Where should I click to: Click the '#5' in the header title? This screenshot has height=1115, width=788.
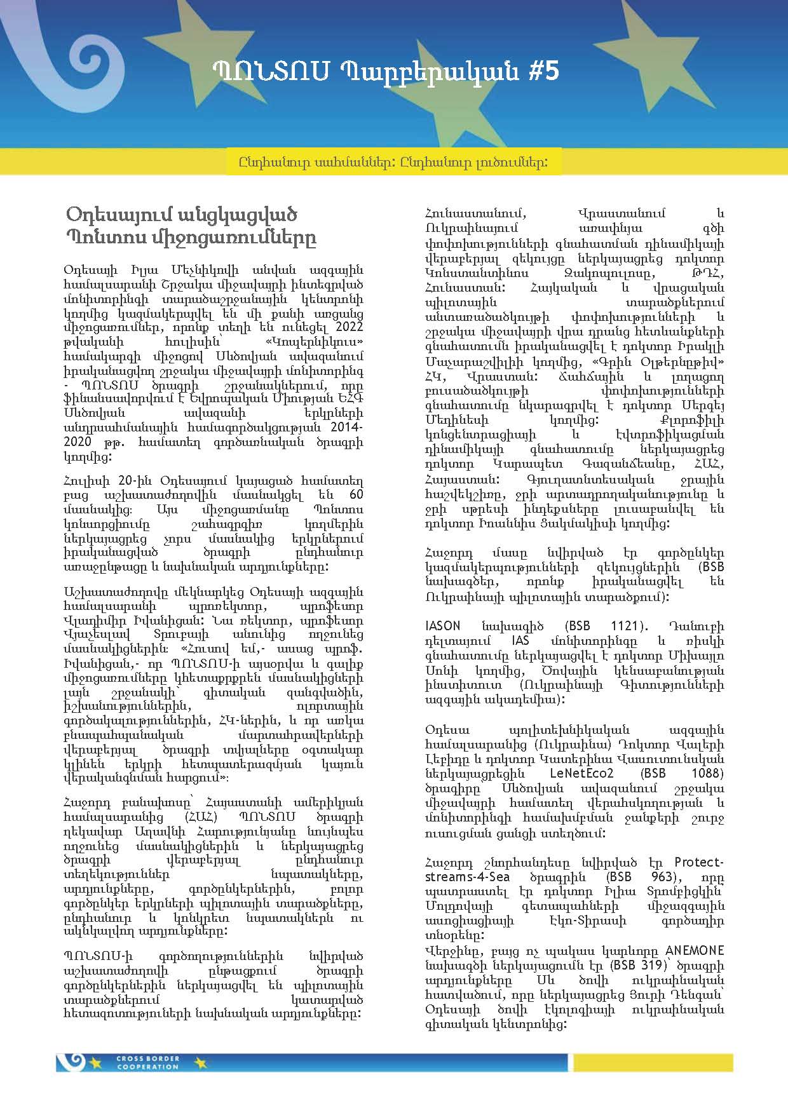pos(543,71)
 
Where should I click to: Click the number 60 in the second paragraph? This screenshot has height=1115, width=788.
pos(356,495)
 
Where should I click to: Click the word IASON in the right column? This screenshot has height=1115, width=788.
pos(443,626)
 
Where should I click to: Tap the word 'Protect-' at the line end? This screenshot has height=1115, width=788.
pos(698,862)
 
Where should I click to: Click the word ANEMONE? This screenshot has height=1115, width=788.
pos(695,951)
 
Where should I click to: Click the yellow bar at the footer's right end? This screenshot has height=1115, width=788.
pos(653,1062)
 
